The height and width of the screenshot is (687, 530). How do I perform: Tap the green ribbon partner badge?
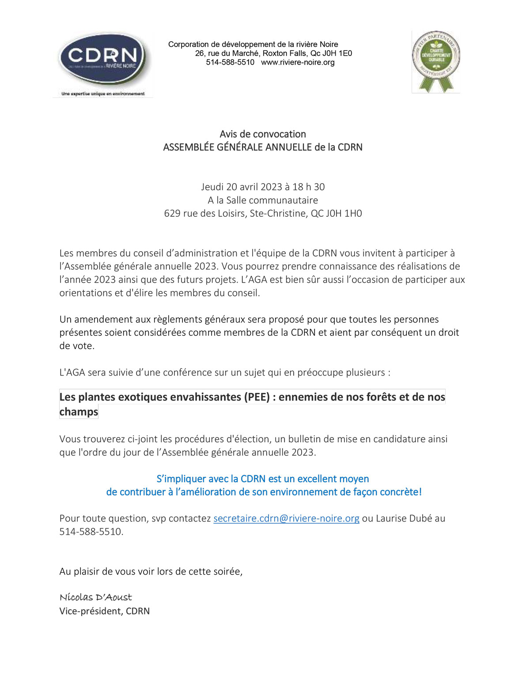click(x=436, y=61)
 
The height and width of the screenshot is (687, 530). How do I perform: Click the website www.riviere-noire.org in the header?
click(x=298, y=62)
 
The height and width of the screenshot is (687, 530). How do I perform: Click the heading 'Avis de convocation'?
click(x=263, y=134)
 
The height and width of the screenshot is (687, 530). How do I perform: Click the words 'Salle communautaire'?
click(x=272, y=200)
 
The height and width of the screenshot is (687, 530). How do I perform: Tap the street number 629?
click(x=172, y=213)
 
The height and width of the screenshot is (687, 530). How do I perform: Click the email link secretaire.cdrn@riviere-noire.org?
click(x=286, y=518)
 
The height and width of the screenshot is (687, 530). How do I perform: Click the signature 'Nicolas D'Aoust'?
click(x=96, y=597)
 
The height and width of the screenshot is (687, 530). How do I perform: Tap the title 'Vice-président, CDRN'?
click(x=105, y=611)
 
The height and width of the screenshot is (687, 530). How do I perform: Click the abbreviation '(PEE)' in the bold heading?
click(x=257, y=397)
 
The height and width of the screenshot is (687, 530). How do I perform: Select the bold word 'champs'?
click(x=79, y=411)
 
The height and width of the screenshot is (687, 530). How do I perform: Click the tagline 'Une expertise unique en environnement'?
click(x=103, y=94)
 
